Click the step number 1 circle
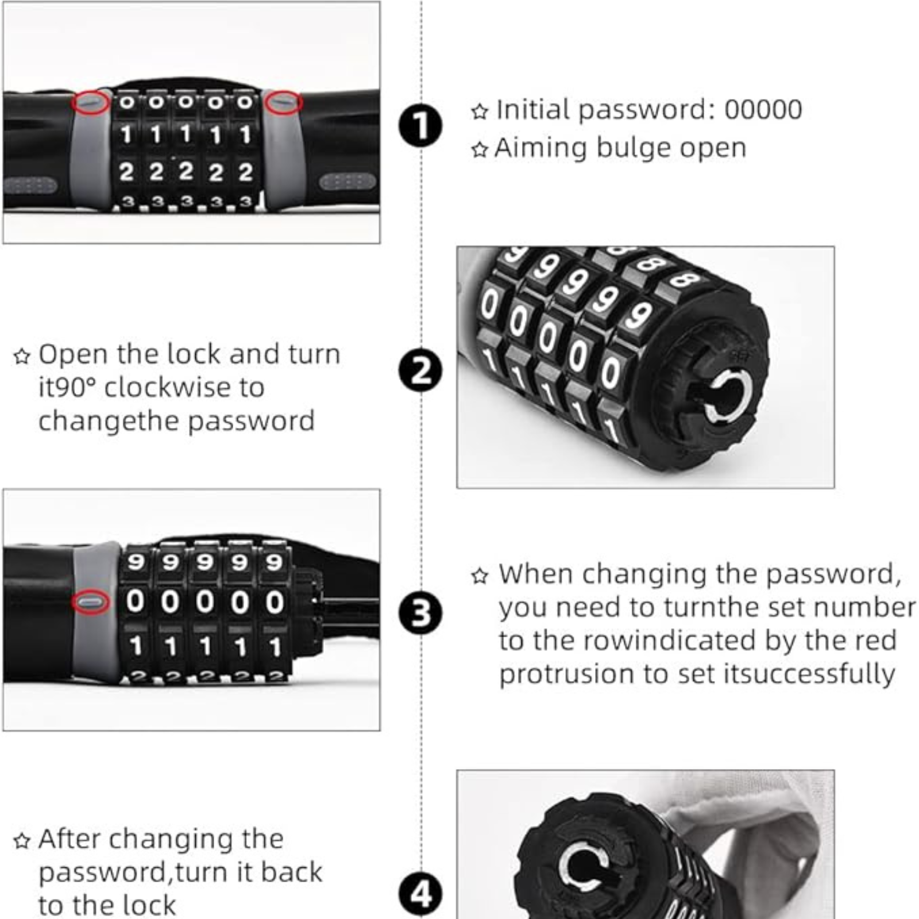click(420, 125)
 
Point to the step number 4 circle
click(420, 894)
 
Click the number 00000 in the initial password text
click(763, 110)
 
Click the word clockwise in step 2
click(184, 387)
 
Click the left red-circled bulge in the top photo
click(91, 103)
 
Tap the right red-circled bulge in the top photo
click(284, 102)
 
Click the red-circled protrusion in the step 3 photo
click(91, 601)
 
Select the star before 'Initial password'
click(480, 111)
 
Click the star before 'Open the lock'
click(22, 356)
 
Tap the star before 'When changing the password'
click(480, 576)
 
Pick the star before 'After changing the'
click(22, 841)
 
